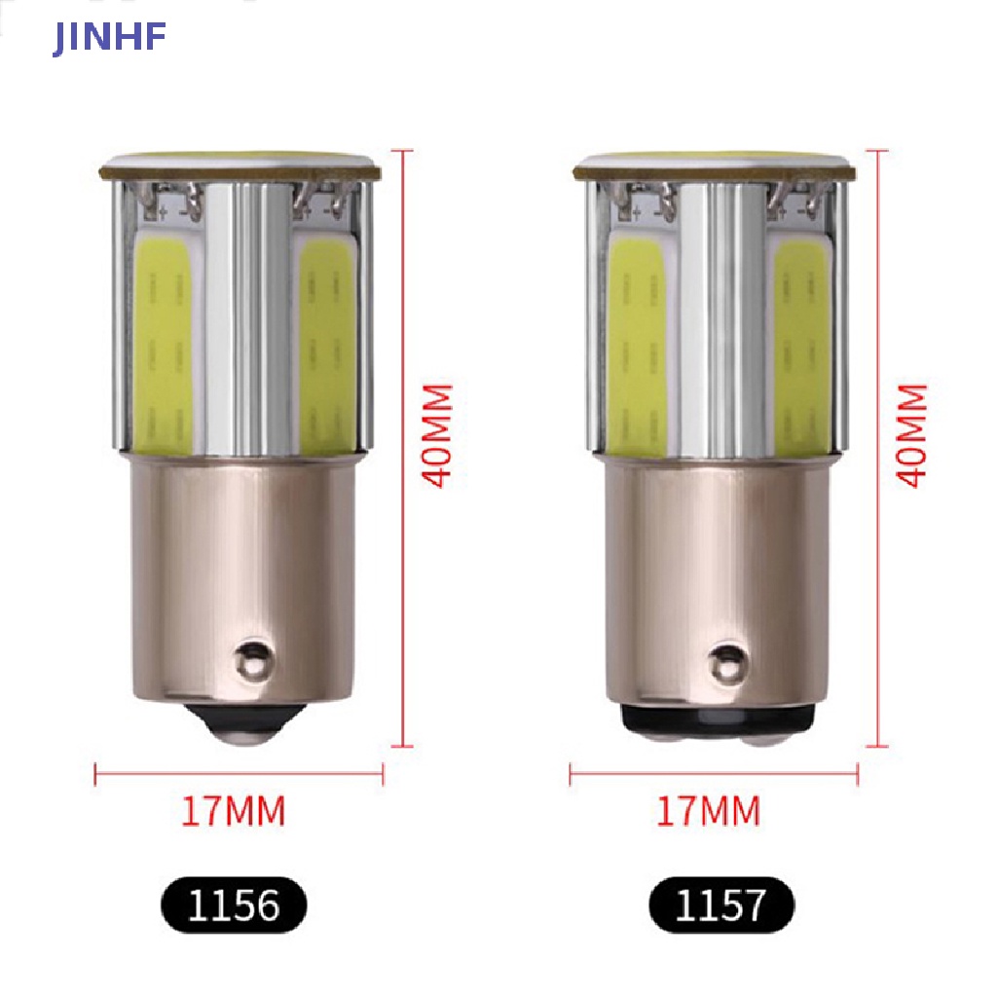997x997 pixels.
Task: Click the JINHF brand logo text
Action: coord(109,38)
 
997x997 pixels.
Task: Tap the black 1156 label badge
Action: coord(234,905)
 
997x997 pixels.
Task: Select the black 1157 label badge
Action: coord(721,905)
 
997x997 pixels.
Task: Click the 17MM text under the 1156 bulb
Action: coord(234,811)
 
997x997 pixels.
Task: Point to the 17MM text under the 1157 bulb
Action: coord(709,811)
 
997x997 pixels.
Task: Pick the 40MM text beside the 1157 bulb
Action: coord(912,435)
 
